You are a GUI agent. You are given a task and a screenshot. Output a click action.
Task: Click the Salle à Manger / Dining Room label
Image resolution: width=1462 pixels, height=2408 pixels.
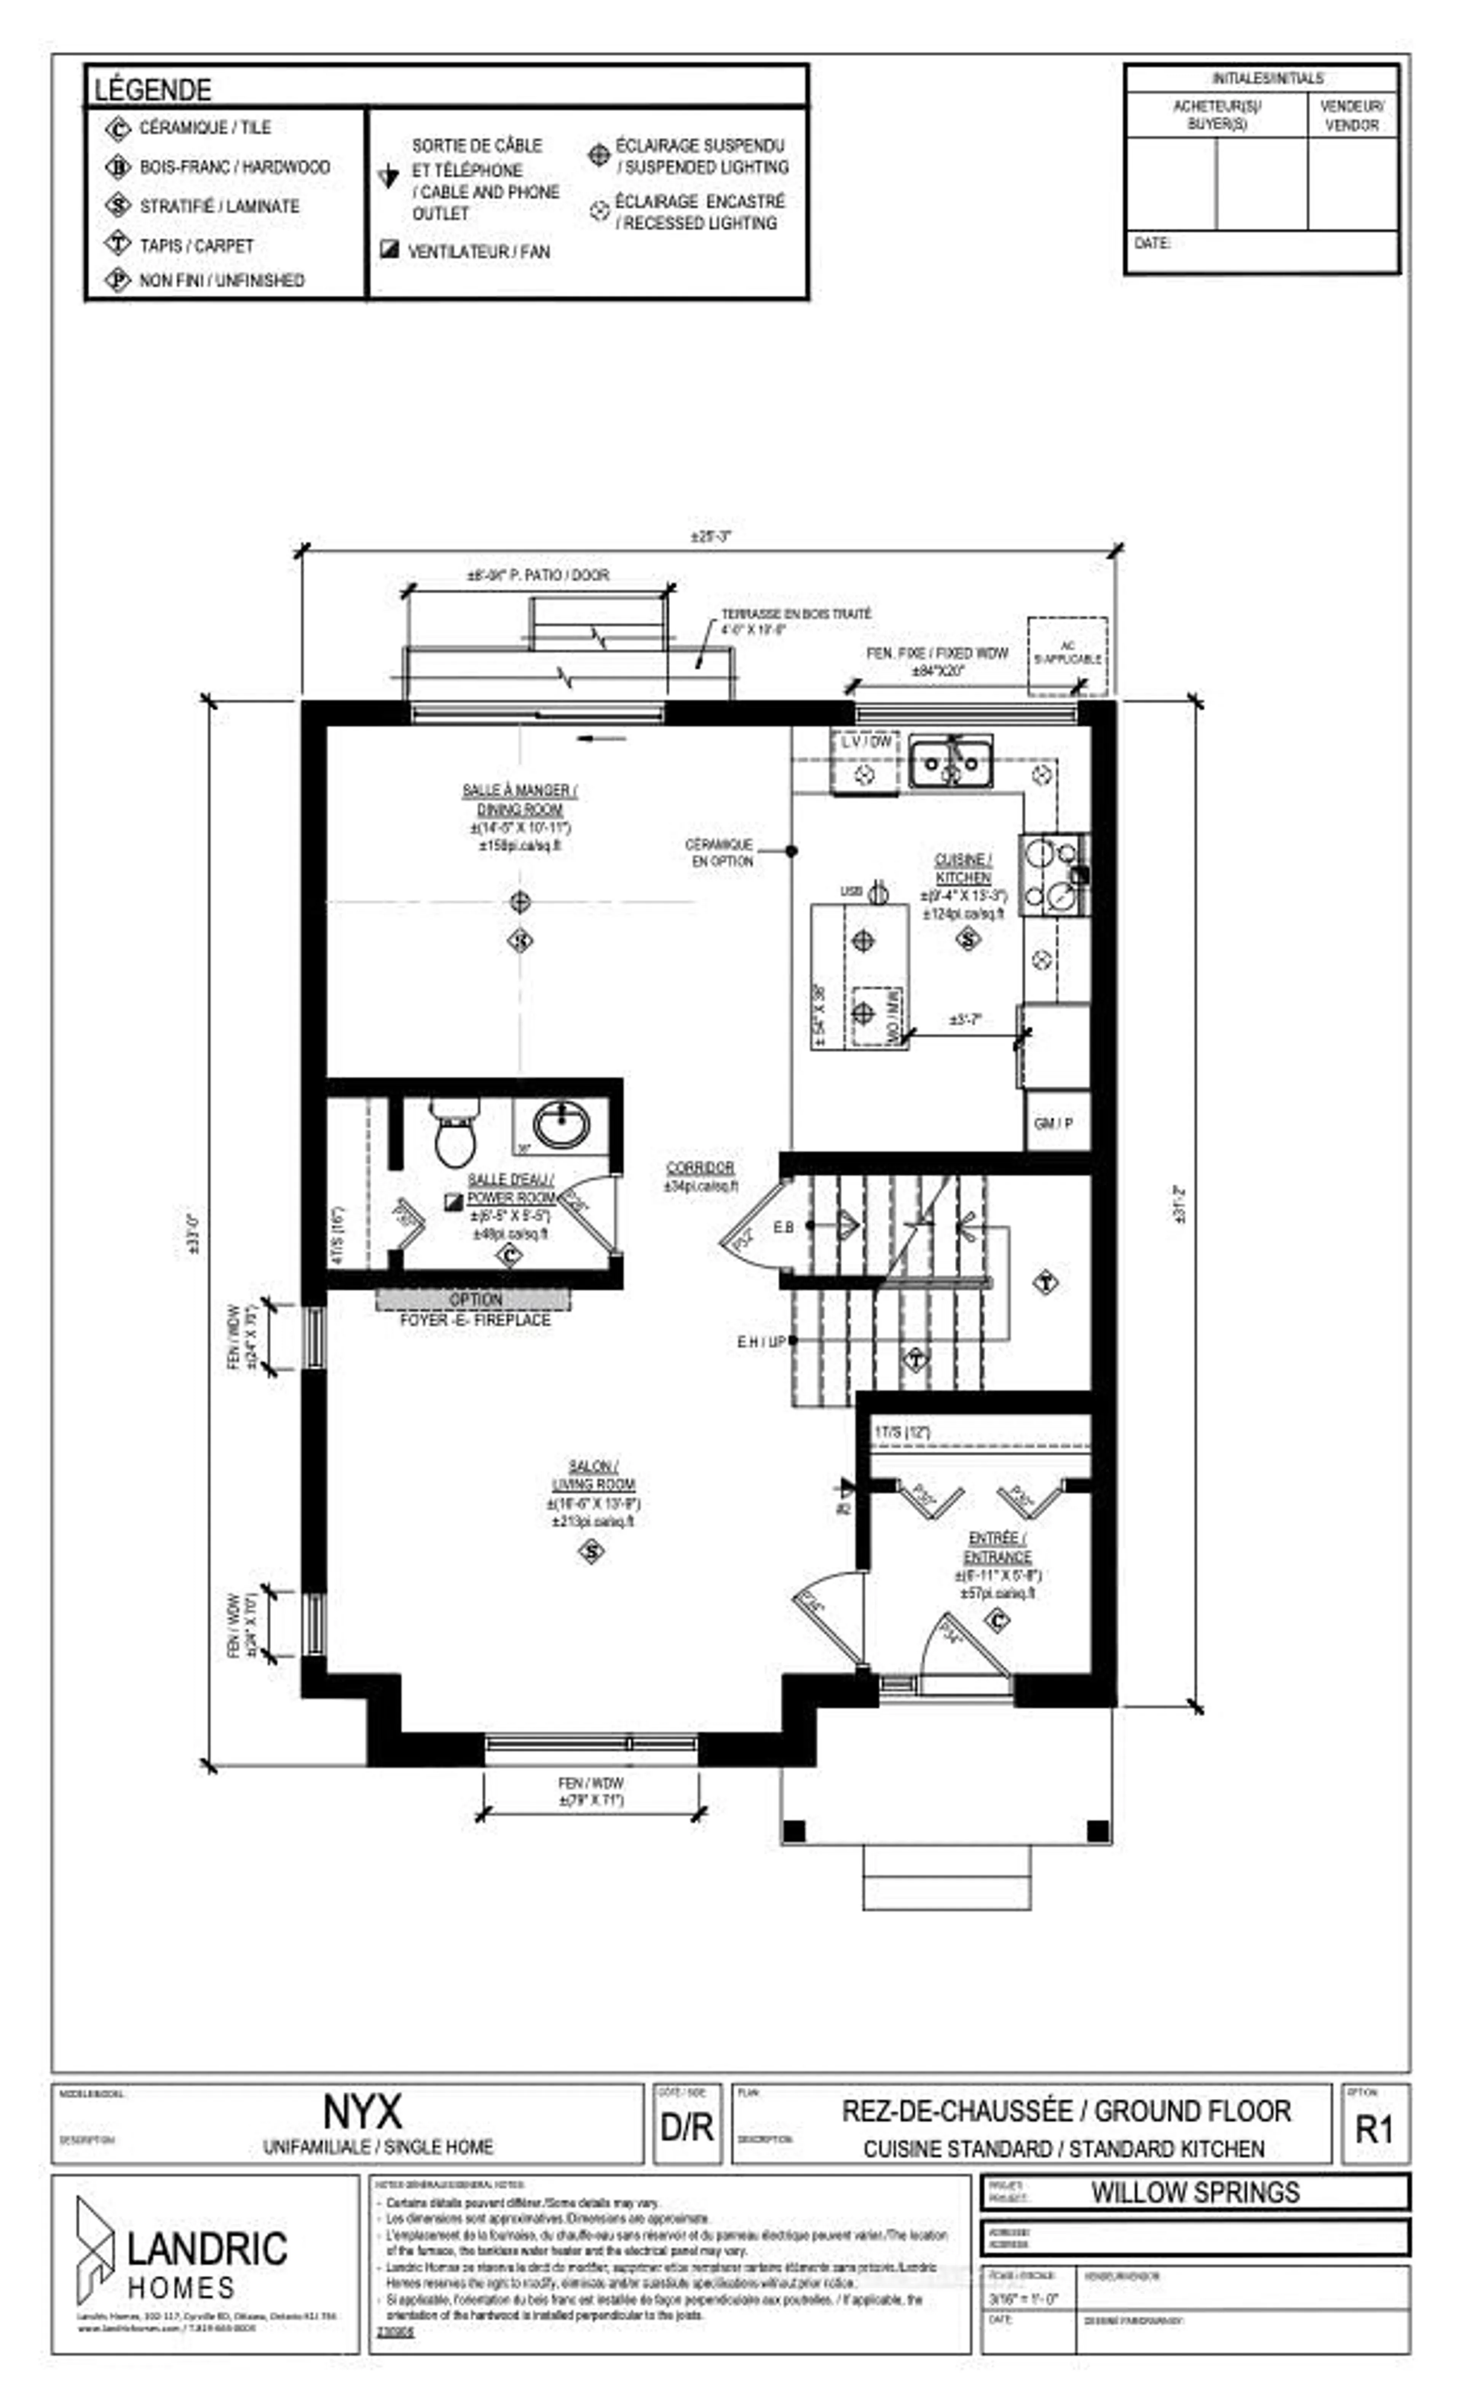(519, 799)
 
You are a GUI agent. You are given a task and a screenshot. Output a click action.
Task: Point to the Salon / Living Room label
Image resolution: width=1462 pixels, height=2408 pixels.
(592, 1475)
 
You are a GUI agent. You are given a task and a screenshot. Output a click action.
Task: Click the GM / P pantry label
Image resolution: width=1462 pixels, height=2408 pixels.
(1053, 1123)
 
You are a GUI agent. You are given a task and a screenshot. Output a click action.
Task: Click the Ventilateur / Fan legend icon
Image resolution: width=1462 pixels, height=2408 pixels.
(389, 250)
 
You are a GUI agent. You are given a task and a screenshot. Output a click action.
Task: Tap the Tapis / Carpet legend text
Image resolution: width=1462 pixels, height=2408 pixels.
(196, 245)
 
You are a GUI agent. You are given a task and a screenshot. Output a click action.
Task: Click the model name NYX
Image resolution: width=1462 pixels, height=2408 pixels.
(362, 2113)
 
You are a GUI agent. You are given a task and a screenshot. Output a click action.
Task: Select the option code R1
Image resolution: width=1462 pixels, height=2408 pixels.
(1373, 2129)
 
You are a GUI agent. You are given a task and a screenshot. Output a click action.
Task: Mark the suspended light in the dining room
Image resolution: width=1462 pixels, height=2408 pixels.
(520, 901)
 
